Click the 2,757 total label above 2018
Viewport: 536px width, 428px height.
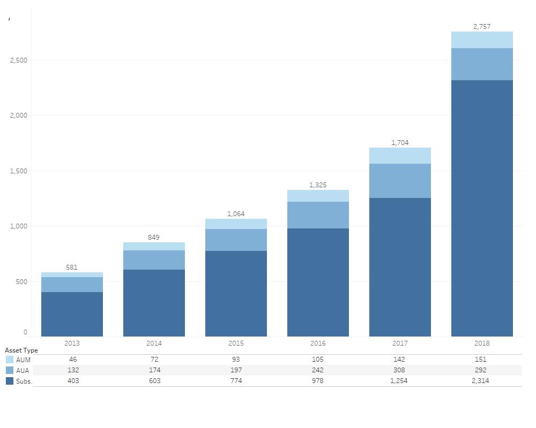481,27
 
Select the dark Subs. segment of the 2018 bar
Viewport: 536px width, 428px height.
481,208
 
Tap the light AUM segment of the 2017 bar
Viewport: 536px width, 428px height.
400,156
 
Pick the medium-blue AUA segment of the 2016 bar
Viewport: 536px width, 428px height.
318,215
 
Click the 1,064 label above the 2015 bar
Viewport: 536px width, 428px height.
236,214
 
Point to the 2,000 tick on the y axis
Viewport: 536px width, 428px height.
19,116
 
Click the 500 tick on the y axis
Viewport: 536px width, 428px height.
21,282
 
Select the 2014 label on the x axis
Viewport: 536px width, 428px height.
154,343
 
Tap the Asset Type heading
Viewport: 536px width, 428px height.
21,350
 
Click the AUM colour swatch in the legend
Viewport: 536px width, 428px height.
10,360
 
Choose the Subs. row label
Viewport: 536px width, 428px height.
24,381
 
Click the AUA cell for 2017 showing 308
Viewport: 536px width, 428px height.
399,370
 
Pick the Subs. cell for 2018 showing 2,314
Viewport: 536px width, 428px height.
480,381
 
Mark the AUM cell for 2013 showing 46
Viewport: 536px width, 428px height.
73,360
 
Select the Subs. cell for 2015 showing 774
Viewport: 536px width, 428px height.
236,381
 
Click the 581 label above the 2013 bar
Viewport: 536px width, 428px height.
72,267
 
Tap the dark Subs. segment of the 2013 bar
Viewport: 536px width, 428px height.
72,314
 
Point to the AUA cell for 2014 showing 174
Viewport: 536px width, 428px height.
154,370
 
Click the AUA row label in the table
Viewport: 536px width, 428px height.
23,371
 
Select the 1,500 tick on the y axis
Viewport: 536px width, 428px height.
19,171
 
